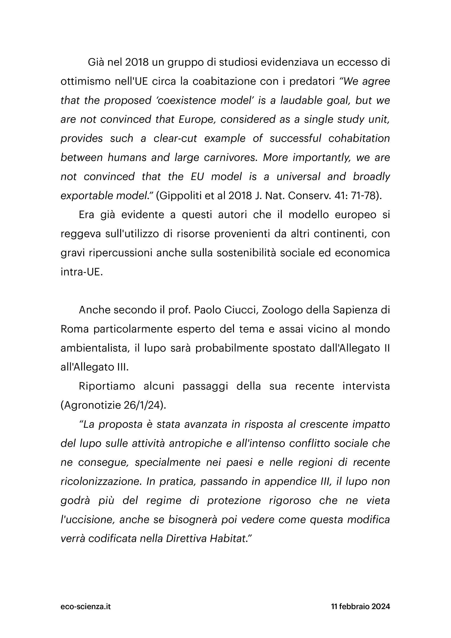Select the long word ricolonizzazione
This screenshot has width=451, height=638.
(x=100, y=481)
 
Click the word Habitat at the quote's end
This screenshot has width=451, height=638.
(x=227, y=539)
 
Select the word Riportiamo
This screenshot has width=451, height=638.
(x=107, y=386)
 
